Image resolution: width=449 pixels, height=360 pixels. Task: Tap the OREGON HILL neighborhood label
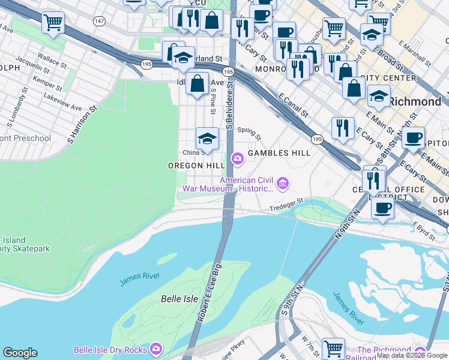click(196, 166)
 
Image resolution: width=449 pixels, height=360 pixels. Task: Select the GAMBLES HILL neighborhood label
click(279, 153)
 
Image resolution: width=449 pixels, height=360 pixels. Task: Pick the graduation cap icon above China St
click(207, 138)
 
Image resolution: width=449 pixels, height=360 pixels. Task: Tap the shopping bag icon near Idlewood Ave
click(197, 84)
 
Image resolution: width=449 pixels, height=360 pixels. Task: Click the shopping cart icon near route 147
click(53, 23)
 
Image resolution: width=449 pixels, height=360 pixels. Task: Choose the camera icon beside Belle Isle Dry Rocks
click(156, 349)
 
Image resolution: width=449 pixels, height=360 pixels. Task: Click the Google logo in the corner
click(20, 353)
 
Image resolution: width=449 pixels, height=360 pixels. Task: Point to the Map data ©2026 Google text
click(412, 356)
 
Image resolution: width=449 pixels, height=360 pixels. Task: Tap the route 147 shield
click(98, 21)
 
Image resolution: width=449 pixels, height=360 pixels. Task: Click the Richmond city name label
click(414, 101)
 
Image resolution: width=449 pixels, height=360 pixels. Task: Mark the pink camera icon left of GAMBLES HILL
click(237, 158)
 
